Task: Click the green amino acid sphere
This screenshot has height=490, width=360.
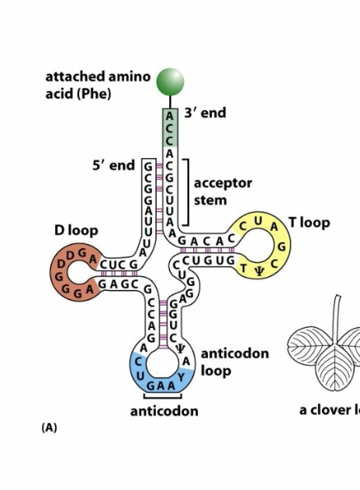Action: tap(170, 81)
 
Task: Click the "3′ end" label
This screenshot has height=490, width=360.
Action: tap(206, 113)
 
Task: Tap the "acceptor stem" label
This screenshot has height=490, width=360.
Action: tap(223, 192)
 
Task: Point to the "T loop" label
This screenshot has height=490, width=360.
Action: tap(310, 223)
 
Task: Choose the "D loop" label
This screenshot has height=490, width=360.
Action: tap(76, 231)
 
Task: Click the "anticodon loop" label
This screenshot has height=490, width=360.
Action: tap(234, 361)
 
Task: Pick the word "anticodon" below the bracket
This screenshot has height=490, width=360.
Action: tap(164, 411)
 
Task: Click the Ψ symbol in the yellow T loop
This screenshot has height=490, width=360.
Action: tap(260, 269)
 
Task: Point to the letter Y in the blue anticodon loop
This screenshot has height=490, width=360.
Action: tap(182, 375)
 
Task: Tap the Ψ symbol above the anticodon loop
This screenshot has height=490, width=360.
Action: tap(180, 347)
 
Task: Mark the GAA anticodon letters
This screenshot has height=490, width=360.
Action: tap(159, 385)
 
